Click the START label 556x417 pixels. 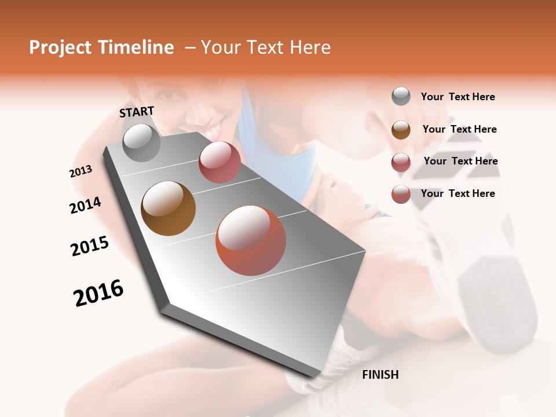pos(137,112)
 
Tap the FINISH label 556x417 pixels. pos(381,375)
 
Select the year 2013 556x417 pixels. pos(81,171)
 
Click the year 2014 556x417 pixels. pos(85,205)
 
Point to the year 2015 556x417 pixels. pos(90,246)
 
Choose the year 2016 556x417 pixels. pos(98,292)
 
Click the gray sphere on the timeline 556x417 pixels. pos(142,143)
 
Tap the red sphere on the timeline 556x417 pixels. pos(220,162)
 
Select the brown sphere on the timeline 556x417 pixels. pos(169,209)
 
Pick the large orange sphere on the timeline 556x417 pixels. pos(251,240)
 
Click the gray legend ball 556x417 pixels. pos(401,96)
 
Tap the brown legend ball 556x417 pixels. pos(401,130)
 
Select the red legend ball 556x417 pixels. pos(401,162)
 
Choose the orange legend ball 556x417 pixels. pos(401,194)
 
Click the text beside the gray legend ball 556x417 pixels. pos(458,97)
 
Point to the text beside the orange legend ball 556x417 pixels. pos(458,193)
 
